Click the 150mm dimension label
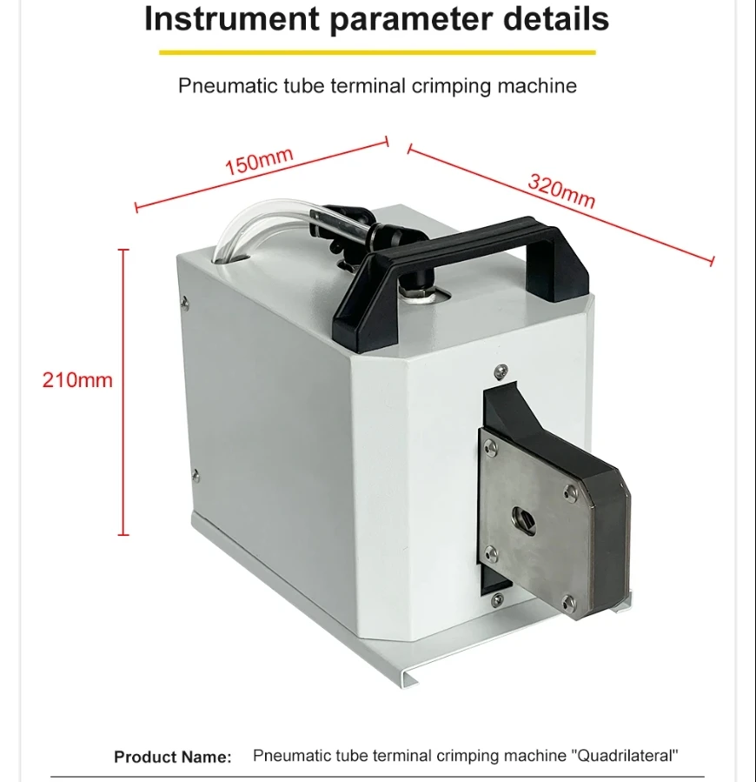[259, 161]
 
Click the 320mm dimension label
[561, 190]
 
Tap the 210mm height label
[77, 380]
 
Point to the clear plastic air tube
[269, 219]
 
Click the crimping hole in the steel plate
[523, 521]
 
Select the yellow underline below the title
[377, 52]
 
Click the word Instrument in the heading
[232, 19]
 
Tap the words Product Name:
[173, 757]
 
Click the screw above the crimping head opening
[501, 371]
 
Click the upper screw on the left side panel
[185, 301]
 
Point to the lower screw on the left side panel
[196, 475]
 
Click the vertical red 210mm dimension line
[123, 392]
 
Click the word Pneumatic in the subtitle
[229, 86]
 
